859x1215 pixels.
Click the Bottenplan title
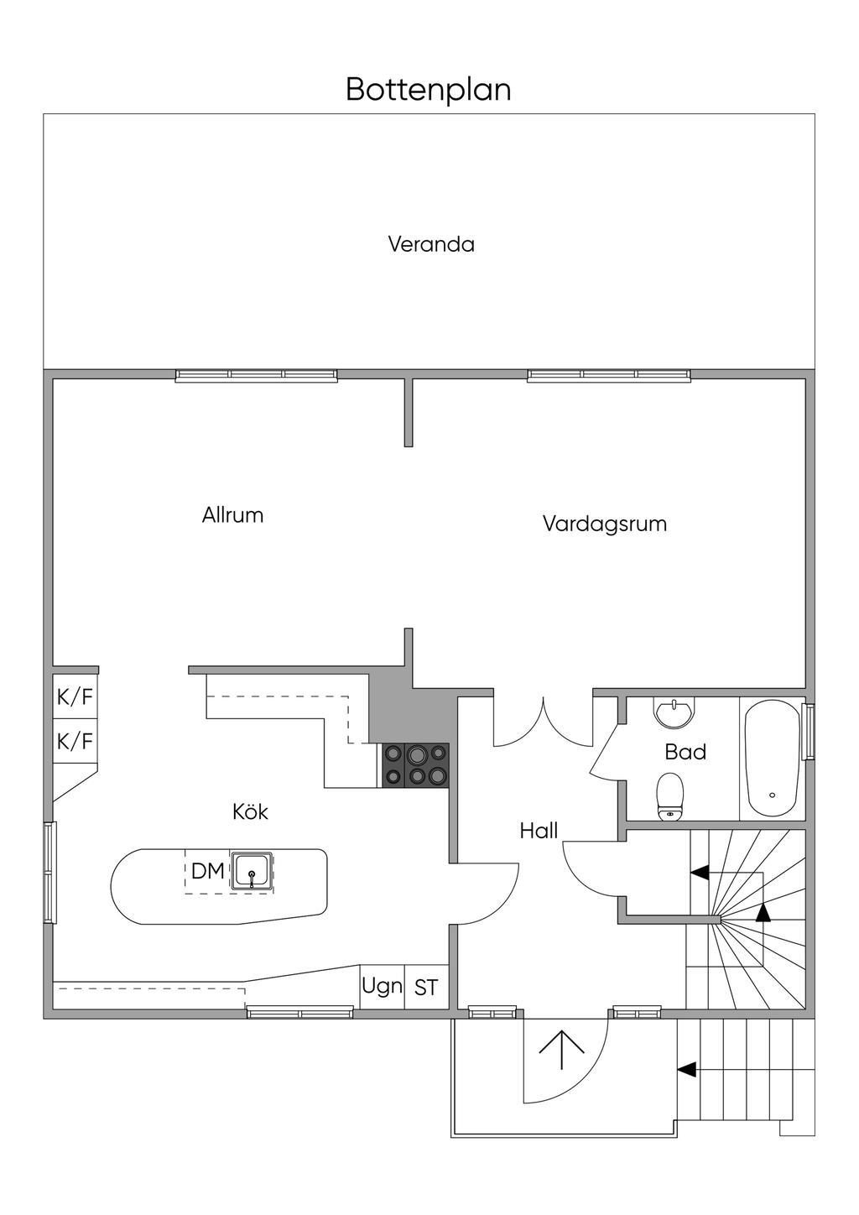pos(429,89)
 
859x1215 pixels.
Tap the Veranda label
pos(431,244)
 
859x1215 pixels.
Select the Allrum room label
pos(232,514)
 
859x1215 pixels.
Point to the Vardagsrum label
pos(604,524)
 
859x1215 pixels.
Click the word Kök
pos(250,811)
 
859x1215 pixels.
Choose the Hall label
pos(539,831)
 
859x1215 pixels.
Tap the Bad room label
pos(685,752)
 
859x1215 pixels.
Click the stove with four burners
pos(416,765)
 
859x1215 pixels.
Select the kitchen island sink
pos(252,872)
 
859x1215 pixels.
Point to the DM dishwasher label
pos(207,871)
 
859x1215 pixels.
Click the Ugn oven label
pos(382,985)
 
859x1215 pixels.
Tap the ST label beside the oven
pos(426,988)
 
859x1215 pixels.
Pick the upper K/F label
pos(75,697)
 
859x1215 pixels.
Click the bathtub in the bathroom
pos(772,758)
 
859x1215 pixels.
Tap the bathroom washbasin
pos(674,713)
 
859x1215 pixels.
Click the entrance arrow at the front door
pos(561,1049)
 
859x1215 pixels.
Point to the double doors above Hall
pos(544,722)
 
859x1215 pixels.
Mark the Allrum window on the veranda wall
pos(256,375)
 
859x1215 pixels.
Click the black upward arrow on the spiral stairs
pos(762,913)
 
